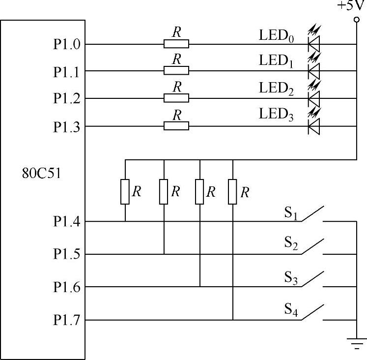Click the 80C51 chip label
pos(41,174)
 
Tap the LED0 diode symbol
pos(313,44)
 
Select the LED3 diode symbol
pos(313,127)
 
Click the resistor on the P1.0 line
pos(176,44)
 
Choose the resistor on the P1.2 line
pos(176,98)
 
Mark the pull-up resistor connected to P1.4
pos(125,191)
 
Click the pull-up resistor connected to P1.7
pos(233,191)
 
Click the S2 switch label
pos(291,243)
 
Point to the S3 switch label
pos(291,278)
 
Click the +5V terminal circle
pos(356,20)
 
